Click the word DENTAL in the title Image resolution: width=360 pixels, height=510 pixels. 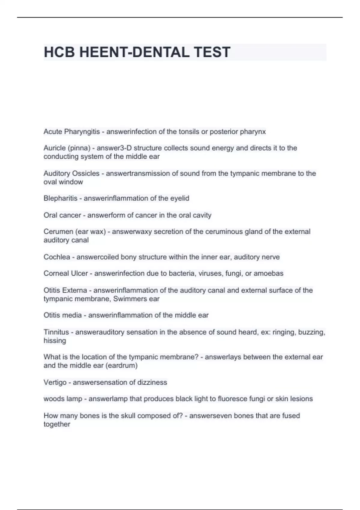(x=160, y=52)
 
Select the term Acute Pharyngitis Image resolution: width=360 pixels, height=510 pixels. (x=71, y=132)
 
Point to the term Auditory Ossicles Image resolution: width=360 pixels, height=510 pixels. (x=71, y=173)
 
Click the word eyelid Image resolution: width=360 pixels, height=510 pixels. (x=180, y=198)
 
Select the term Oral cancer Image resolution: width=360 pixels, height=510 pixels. (x=62, y=215)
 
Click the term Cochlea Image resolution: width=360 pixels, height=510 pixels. (x=57, y=257)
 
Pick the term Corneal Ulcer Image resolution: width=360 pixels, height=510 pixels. (x=66, y=273)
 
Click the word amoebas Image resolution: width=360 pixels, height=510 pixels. (x=268, y=273)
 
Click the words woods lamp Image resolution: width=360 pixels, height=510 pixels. (x=63, y=399)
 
